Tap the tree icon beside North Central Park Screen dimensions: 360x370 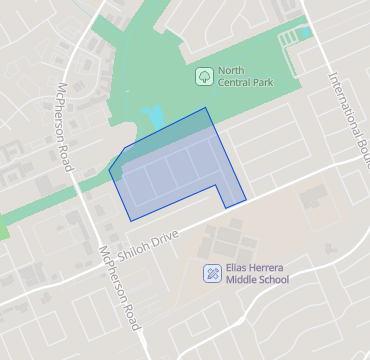click(203, 75)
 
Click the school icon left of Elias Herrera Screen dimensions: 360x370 click(212, 272)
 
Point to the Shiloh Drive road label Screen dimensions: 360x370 click(149, 241)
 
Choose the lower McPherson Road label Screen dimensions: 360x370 click(118, 290)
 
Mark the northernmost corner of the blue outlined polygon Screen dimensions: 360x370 click(205, 107)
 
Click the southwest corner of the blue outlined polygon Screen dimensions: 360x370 click(131, 220)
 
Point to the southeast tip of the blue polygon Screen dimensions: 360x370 click(246, 203)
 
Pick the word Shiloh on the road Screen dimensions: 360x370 click(135, 246)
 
